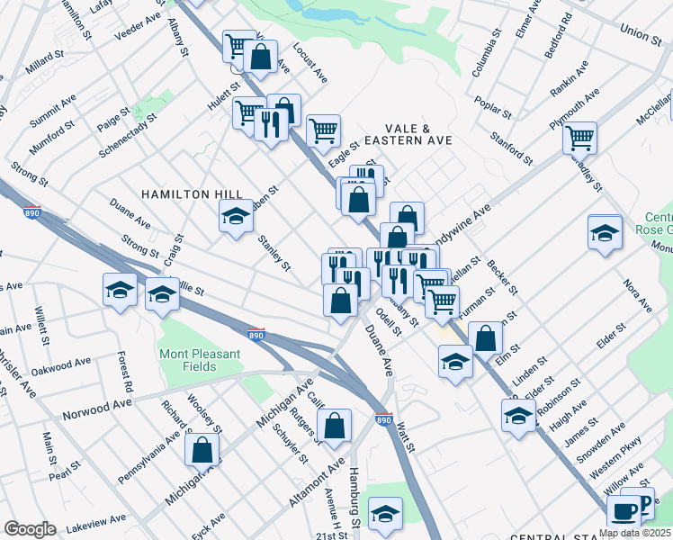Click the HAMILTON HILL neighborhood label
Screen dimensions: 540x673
tap(178, 194)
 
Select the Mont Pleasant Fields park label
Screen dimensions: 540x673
tap(200, 360)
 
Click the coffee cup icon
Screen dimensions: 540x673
tap(623, 510)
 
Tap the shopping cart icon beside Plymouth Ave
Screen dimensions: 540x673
tap(579, 138)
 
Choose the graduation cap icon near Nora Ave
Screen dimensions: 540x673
tap(605, 232)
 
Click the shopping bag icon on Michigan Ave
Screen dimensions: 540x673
tap(202, 449)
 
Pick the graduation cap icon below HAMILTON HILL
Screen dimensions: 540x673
tap(236, 216)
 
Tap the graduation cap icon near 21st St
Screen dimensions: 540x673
tap(385, 512)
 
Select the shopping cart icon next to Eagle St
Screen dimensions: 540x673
tap(323, 130)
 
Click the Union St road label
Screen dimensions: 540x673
tap(640, 33)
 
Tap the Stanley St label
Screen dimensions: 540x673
tap(274, 253)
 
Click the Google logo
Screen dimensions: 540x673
tap(30, 529)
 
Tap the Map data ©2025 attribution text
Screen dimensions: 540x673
tap(634, 533)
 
